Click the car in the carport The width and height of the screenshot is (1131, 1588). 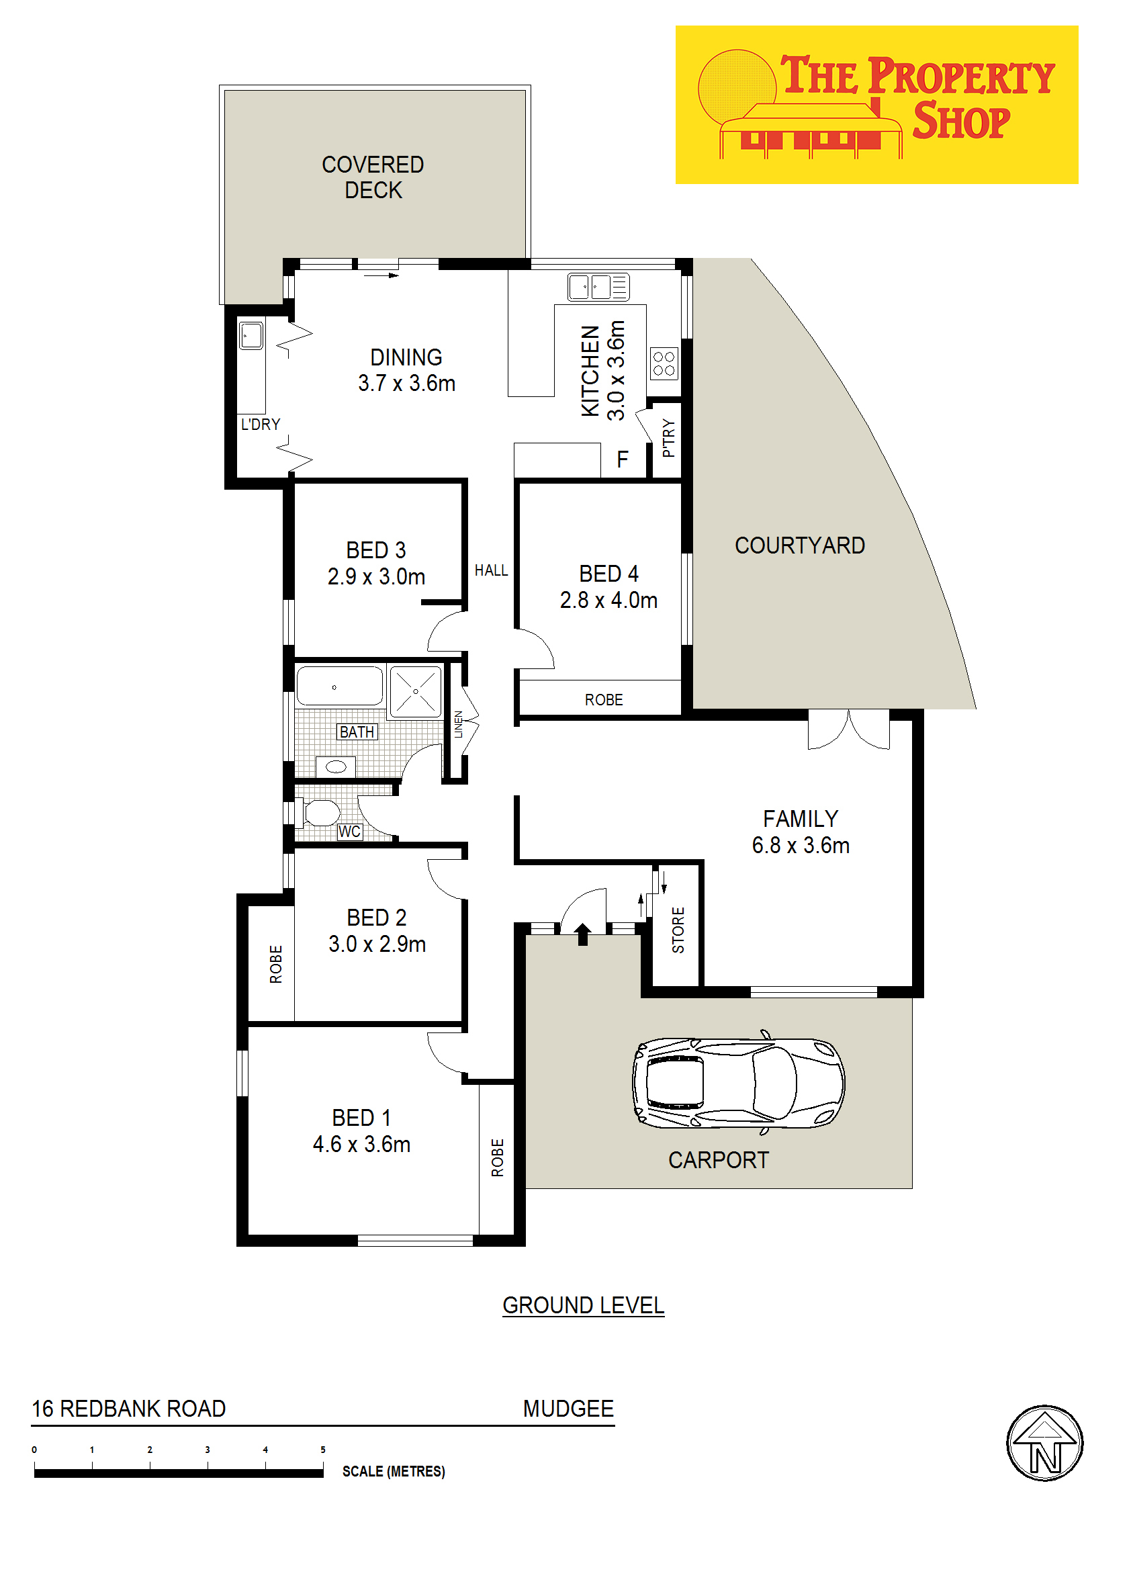(738, 1082)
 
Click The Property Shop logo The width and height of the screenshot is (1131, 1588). (877, 105)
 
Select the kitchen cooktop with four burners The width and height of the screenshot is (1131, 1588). (664, 363)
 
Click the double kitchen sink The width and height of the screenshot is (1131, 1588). (598, 287)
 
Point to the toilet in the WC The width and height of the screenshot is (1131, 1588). (318, 812)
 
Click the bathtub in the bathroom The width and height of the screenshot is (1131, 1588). (339, 686)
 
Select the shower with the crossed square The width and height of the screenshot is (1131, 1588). (415, 692)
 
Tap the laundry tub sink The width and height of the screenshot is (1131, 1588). (251, 336)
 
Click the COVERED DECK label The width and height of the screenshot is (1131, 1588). (373, 177)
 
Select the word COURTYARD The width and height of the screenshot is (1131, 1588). (799, 545)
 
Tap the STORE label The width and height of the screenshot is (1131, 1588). (678, 930)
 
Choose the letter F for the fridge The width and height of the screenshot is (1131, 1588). (623, 459)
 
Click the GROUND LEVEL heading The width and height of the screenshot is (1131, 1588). (584, 1305)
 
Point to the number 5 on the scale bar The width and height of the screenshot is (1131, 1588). (322, 1450)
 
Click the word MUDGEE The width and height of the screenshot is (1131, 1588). (568, 1408)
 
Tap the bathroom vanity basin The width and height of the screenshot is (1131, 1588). (336, 767)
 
